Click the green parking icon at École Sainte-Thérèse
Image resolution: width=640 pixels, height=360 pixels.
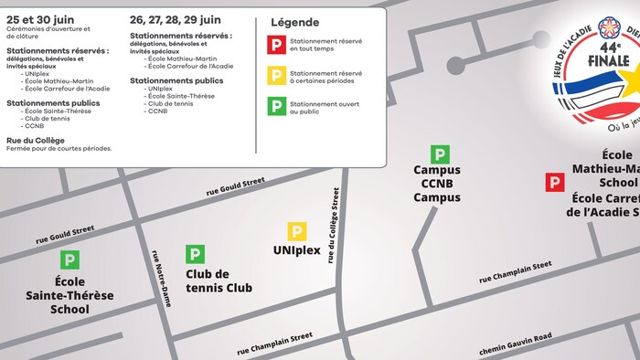pos(69,259)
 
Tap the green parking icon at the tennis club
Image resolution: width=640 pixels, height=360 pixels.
pos(195,254)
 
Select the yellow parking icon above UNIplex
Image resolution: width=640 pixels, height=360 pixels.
pos(297,231)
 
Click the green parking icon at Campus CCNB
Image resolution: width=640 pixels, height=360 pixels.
pos(440,154)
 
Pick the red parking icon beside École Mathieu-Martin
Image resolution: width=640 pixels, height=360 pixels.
pos(554,183)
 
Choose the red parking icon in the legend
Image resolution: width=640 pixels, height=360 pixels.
pos(275,44)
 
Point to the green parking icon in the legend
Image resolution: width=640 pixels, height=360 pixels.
pos(275,106)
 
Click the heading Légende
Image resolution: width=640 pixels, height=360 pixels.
pos(295,22)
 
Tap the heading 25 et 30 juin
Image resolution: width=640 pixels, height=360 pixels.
pos(40,19)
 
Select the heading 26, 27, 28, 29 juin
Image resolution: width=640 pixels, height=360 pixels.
pos(175,19)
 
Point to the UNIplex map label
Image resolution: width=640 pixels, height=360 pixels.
pos(297,249)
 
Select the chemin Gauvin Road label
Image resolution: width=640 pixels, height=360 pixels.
pos(515,344)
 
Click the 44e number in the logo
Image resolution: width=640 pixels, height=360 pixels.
pos(610,46)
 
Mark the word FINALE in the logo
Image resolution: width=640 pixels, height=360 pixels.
pos(610,61)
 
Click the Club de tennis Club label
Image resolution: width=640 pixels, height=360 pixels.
pos(220,281)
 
